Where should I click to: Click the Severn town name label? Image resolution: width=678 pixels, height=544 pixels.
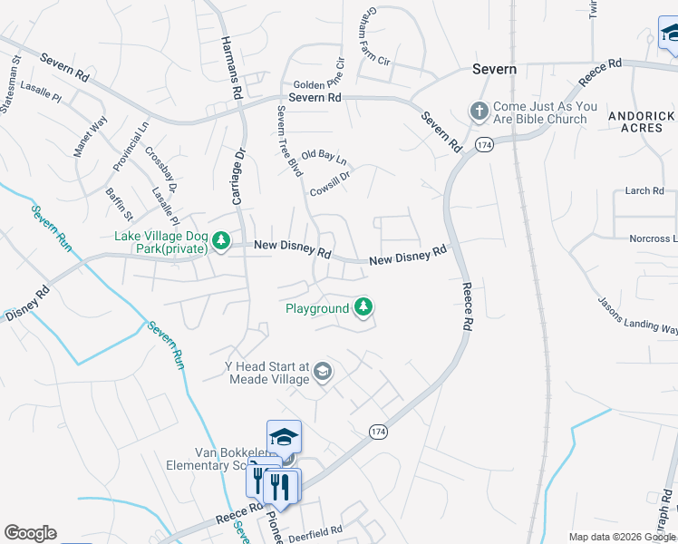[x=494, y=69]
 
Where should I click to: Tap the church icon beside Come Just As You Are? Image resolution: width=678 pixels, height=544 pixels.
[x=479, y=112]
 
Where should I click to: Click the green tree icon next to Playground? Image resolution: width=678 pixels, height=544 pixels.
[x=363, y=308]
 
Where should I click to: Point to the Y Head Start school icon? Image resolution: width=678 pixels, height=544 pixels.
[x=322, y=372]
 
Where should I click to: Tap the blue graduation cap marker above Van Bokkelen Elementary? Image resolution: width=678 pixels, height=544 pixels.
[x=284, y=437]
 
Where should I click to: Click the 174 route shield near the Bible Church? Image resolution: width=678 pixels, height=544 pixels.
[x=483, y=145]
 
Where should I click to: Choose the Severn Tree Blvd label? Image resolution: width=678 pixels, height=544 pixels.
[x=289, y=141]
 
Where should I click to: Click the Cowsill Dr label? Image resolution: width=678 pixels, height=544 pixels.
[x=329, y=180]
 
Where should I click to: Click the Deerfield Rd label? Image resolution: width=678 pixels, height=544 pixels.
[x=317, y=530]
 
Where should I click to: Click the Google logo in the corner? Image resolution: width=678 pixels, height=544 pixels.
[x=30, y=533]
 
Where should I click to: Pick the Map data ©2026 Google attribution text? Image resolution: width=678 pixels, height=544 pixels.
[x=622, y=537]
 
